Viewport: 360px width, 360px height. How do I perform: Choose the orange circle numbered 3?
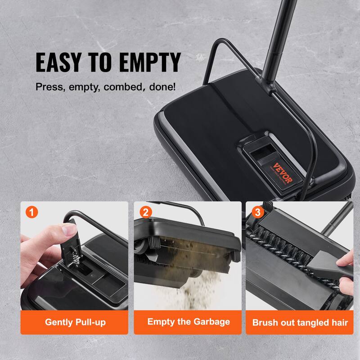click(x=257, y=211)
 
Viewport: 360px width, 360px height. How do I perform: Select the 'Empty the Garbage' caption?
click(x=188, y=321)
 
